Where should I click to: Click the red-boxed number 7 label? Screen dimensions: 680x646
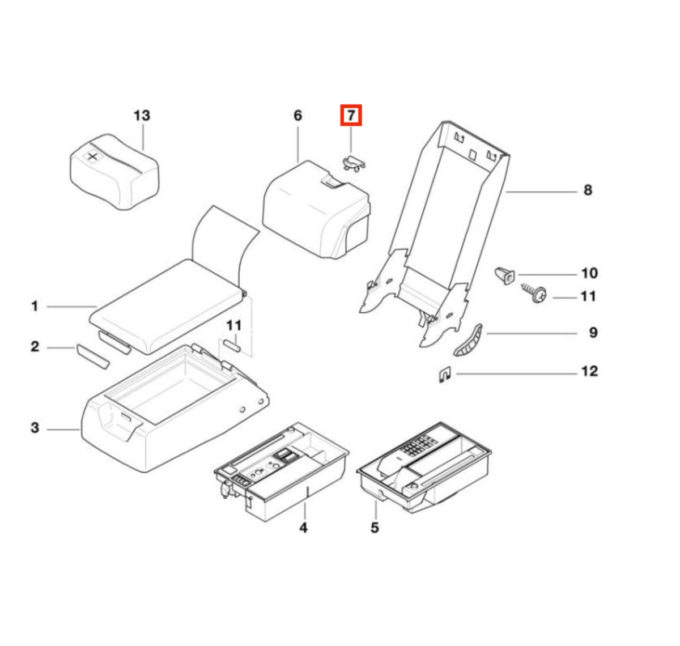click(x=351, y=115)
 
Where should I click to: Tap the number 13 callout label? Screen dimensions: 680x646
click(x=142, y=115)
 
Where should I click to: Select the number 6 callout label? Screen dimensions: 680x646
click(x=297, y=115)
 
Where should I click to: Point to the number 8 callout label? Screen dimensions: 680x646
click(x=588, y=190)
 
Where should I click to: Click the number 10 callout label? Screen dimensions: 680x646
click(x=589, y=273)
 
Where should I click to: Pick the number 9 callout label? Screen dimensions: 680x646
click(x=593, y=332)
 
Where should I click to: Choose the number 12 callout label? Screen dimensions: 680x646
click(x=590, y=371)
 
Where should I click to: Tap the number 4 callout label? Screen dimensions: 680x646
click(x=303, y=528)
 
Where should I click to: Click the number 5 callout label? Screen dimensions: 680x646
click(x=375, y=528)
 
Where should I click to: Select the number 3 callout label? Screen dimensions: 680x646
click(x=35, y=428)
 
